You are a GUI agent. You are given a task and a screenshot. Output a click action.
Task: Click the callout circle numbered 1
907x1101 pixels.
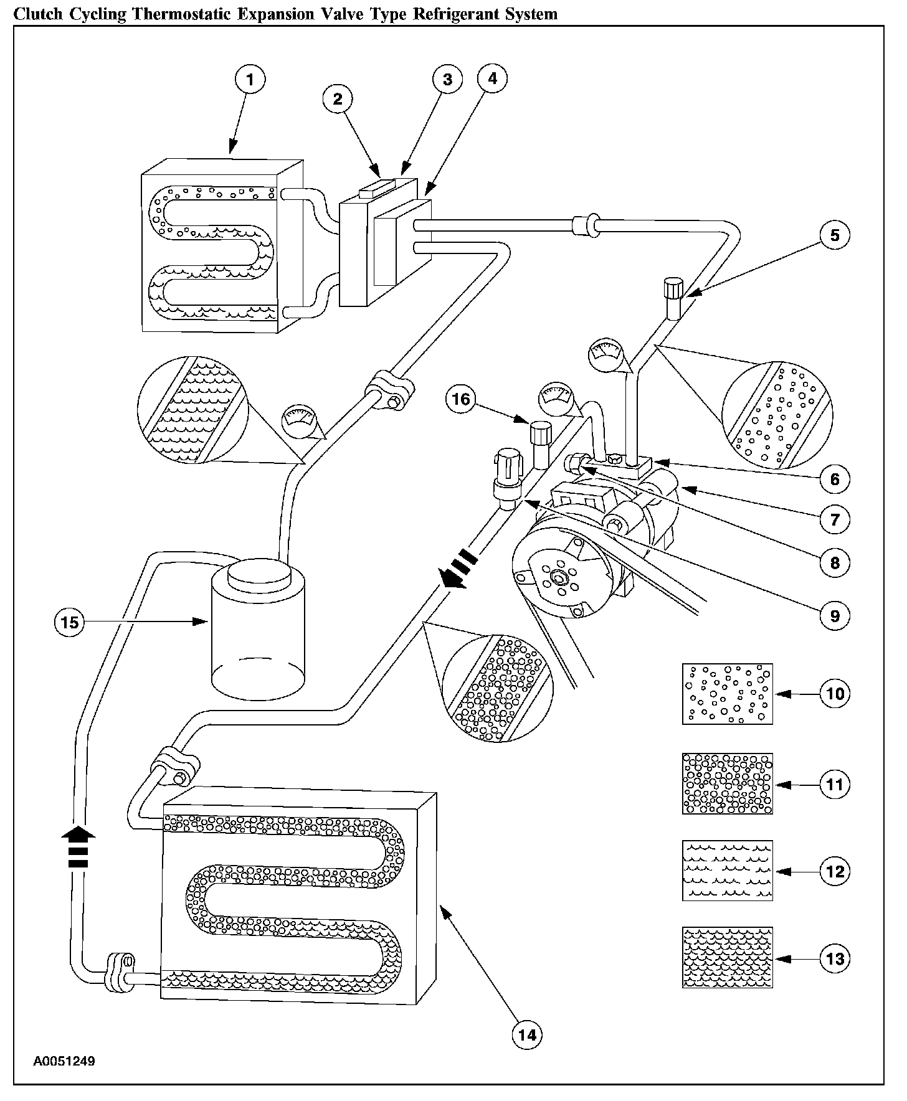[x=250, y=80]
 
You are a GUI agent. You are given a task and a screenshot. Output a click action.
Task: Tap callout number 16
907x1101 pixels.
[x=461, y=399]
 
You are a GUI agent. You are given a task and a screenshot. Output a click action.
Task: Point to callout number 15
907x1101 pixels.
[x=70, y=621]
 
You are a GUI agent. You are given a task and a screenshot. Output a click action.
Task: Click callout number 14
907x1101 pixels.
[x=526, y=1034]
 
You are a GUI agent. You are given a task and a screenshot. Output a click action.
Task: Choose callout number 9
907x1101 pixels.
[x=835, y=616]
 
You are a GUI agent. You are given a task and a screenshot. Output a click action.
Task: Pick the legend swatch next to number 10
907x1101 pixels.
[x=727, y=694]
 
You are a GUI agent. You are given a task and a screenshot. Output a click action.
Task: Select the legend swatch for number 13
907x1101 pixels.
[x=727, y=957]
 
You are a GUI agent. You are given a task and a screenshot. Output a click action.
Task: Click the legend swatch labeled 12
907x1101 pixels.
[x=727, y=870]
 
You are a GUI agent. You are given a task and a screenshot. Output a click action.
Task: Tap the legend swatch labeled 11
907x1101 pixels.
[x=727, y=783]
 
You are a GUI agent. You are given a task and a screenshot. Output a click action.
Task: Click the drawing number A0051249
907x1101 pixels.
[x=64, y=1061]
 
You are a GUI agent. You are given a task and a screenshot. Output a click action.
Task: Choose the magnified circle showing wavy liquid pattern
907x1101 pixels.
[x=192, y=410]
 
